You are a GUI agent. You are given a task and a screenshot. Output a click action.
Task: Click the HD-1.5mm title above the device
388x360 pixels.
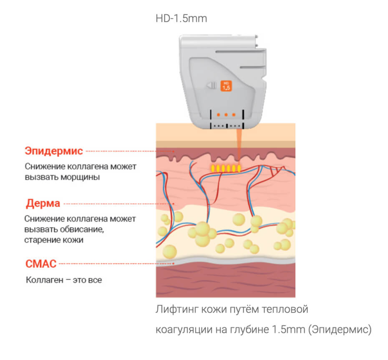coord(181,19)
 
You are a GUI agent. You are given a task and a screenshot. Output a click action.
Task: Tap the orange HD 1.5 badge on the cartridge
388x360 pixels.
coord(226,86)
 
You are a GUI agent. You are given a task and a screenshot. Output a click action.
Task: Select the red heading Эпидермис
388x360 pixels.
coord(54,151)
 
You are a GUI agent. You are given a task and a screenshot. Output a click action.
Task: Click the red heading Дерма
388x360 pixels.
coord(43,204)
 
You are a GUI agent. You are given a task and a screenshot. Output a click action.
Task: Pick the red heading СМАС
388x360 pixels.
coord(41,263)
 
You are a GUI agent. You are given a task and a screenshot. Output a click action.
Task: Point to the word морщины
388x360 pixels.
coord(82,177)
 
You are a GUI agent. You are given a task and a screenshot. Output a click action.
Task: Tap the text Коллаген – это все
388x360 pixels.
coord(64,280)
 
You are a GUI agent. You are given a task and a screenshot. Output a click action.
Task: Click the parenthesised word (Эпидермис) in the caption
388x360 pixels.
coord(339,330)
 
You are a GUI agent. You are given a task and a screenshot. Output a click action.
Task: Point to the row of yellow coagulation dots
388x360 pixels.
coord(225,168)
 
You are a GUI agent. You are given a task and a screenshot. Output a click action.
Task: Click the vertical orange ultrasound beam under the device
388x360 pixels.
coord(239,144)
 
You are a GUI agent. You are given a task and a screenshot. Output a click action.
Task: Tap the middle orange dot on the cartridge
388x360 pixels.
coord(226,114)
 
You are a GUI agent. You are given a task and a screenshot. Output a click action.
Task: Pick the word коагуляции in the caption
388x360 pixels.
coord(179,330)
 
